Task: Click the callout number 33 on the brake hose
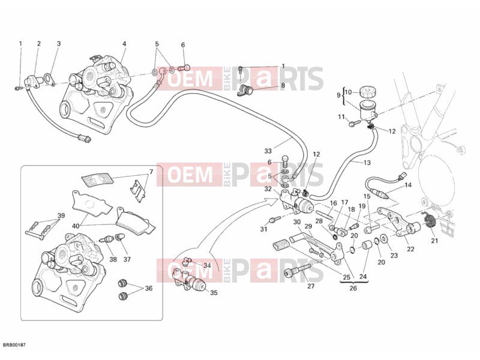[x=268, y=151]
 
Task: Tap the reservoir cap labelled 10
[x=368, y=91]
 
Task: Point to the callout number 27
[x=311, y=286]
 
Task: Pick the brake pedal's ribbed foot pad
[x=281, y=246]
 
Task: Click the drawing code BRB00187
[x=14, y=345]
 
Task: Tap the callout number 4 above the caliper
[x=124, y=44]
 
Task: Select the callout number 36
[x=149, y=288]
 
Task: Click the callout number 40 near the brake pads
[x=76, y=226]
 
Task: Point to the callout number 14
[x=408, y=185]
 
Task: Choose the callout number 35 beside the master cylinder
[x=214, y=293]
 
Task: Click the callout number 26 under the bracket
[x=353, y=288]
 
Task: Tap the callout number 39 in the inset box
[x=61, y=215]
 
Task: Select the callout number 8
[x=283, y=85]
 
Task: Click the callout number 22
[x=410, y=249]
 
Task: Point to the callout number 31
[x=264, y=229]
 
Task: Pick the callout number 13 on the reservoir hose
[x=367, y=163]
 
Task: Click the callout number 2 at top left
[x=39, y=44]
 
